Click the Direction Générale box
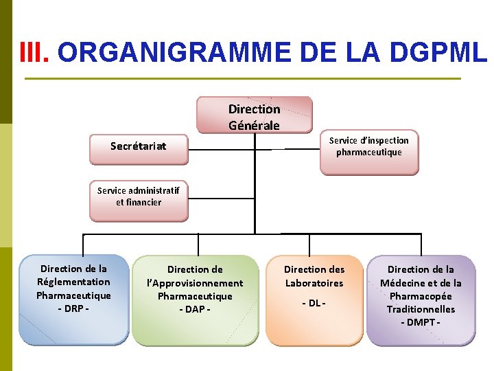point(254,114)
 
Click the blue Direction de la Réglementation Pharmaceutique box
point(73,299)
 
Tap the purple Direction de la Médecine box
point(421,300)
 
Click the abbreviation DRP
point(73,308)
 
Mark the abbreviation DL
point(314,303)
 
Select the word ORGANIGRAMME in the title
point(175,52)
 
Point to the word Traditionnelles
point(421,309)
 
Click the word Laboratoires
point(314,283)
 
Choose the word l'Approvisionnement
point(195,283)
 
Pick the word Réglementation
point(73,282)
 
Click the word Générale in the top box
point(254,126)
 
